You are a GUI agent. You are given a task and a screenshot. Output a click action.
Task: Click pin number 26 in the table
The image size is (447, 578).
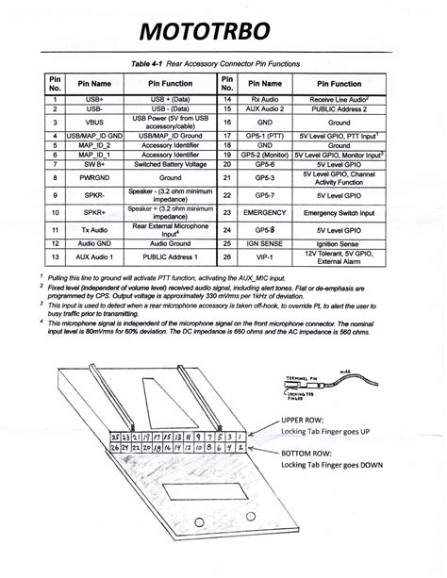[227, 256]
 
